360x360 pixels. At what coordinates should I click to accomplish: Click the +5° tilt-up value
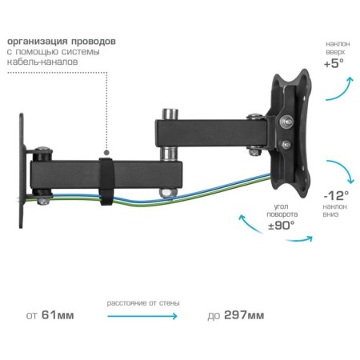click(x=334, y=63)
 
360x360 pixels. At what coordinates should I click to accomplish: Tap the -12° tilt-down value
click(x=336, y=195)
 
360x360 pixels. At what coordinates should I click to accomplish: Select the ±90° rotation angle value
click(x=282, y=226)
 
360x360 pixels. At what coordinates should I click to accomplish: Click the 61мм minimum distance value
click(x=58, y=315)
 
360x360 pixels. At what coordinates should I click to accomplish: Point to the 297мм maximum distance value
click(x=244, y=315)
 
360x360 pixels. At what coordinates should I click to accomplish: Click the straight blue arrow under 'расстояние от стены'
click(x=142, y=316)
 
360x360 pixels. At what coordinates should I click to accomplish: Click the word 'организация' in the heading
click(x=37, y=42)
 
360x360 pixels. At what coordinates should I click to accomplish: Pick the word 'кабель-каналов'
click(x=42, y=62)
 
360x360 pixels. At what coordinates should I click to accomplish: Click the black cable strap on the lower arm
click(x=106, y=182)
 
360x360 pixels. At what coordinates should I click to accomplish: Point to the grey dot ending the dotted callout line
click(x=106, y=153)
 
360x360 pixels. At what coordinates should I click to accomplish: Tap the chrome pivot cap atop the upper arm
click(x=170, y=114)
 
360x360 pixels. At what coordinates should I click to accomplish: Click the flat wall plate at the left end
click(x=22, y=170)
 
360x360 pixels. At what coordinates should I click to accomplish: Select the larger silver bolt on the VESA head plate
click(x=286, y=122)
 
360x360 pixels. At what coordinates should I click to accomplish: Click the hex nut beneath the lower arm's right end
click(x=168, y=192)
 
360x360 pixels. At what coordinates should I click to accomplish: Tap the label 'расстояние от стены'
click(x=143, y=303)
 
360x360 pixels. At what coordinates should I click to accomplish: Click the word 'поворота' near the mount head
click(x=282, y=214)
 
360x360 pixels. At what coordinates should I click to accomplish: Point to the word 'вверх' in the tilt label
click(x=335, y=52)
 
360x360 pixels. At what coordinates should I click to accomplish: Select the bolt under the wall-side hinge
click(x=43, y=201)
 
